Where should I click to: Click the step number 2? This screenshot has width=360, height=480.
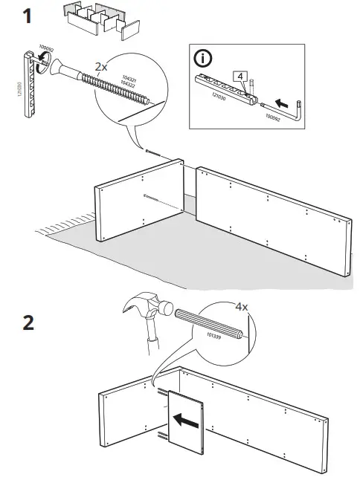28,325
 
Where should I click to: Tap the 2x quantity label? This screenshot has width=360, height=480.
102,67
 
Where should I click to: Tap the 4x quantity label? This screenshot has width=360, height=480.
242,305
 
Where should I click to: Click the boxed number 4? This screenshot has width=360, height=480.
238,77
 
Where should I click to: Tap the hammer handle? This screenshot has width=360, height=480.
152,342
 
